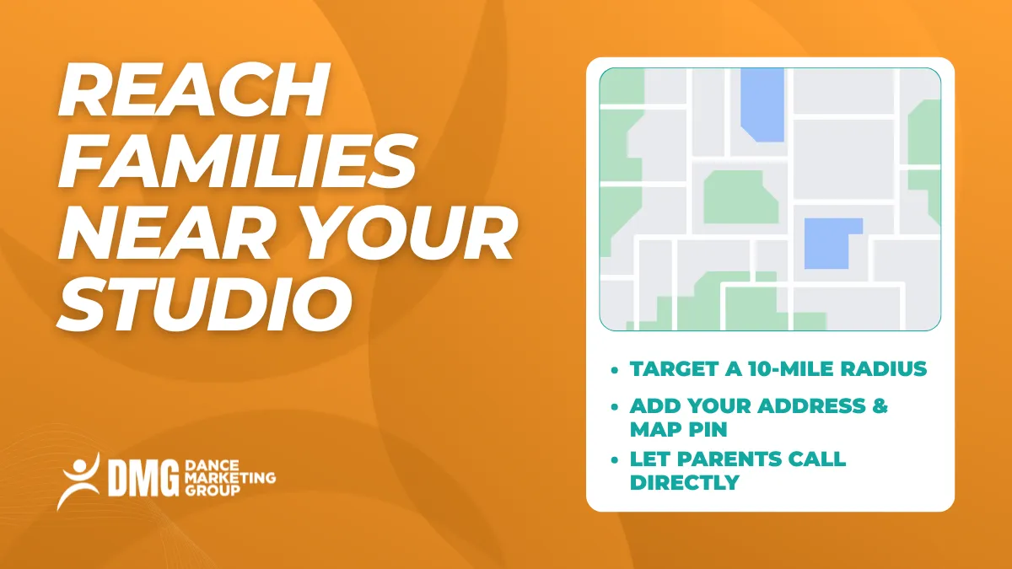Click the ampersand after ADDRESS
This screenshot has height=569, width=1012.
(x=879, y=405)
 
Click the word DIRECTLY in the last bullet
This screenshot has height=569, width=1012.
(x=684, y=482)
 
